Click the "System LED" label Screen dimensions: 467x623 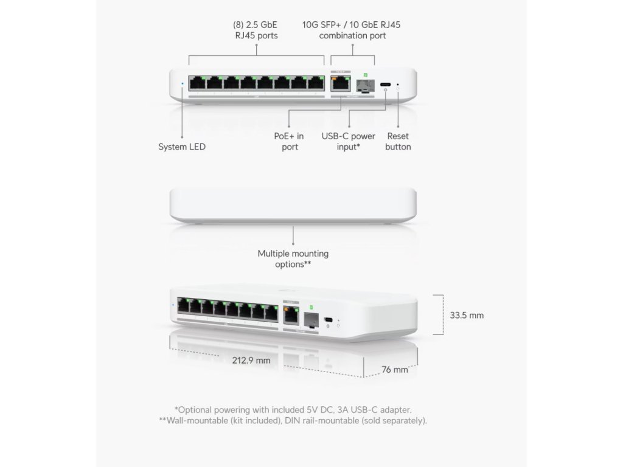click(182, 147)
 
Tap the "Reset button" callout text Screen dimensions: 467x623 click(398, 142)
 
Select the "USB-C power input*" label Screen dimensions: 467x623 click(348, 142)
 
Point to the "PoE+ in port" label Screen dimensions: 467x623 click(290, 142)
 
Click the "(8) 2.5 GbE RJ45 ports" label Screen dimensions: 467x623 click(256, 30)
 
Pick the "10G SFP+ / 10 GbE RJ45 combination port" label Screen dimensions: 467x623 click(351, 30)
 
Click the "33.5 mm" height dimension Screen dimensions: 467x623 click(467, 315)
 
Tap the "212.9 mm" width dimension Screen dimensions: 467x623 click(251, 360)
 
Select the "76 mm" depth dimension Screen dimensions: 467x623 click(394, 369)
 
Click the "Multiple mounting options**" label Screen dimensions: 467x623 click(293, 258)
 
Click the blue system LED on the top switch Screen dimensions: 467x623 click(183, 84)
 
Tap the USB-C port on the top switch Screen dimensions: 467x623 click(386, 85)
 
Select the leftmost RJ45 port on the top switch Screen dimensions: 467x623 click(197, 83)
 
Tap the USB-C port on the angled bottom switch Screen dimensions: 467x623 click(329, 320)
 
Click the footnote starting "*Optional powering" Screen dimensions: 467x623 click(297, 410)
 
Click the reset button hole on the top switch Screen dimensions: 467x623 click(398, 85)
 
